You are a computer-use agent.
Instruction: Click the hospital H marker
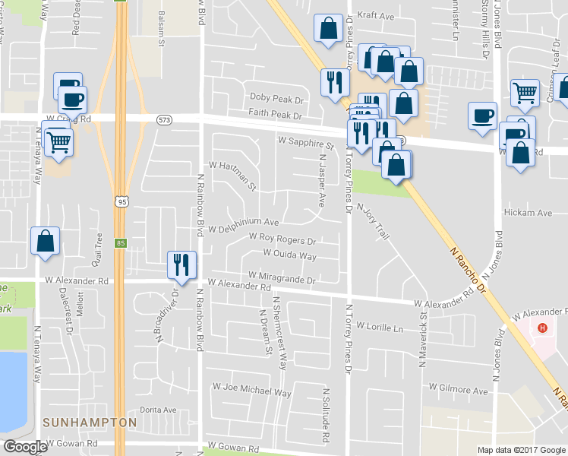click(541, 328)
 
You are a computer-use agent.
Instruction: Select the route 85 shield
click(121, 244)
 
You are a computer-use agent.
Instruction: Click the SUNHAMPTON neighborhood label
click(90, 423)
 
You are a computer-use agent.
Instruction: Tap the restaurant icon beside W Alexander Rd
click(181, 264)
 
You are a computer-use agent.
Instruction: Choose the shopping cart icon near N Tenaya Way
click(58, 141)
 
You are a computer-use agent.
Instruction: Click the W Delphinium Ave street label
click(244, 226)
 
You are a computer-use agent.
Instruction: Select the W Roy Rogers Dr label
click(282, 240)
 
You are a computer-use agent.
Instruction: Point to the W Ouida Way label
click(289, 255)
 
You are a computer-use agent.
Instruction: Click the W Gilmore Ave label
click(458, 390)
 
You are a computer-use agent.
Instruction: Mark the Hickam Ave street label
click(529, 214)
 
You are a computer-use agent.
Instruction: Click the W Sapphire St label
click(306, 142)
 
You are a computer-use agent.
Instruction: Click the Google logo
click(26, 447)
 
